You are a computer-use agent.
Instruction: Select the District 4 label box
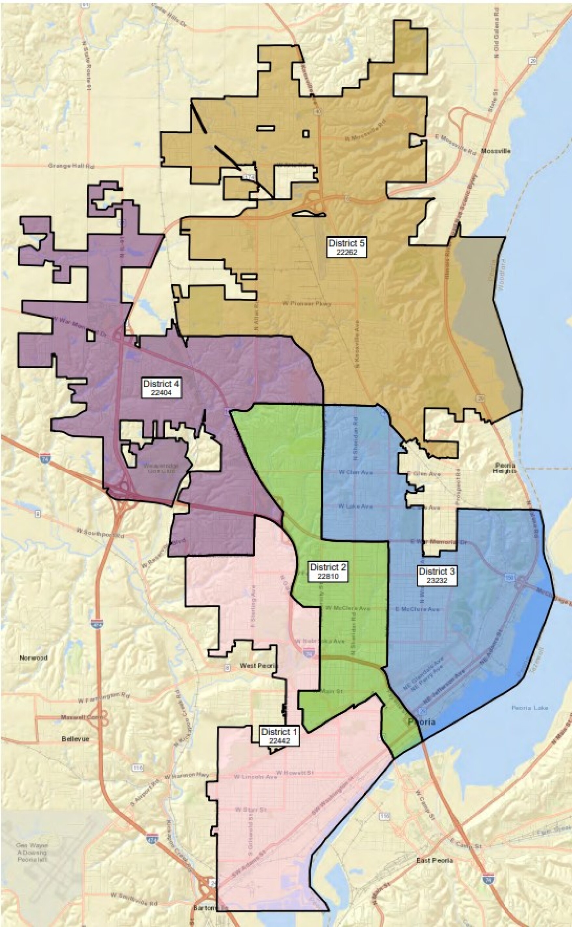[162, 388]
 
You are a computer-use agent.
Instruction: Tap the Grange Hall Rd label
[71, 166]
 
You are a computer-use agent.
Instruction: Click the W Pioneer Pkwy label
[307, 304]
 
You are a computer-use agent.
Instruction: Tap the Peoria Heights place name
[505, 468]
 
